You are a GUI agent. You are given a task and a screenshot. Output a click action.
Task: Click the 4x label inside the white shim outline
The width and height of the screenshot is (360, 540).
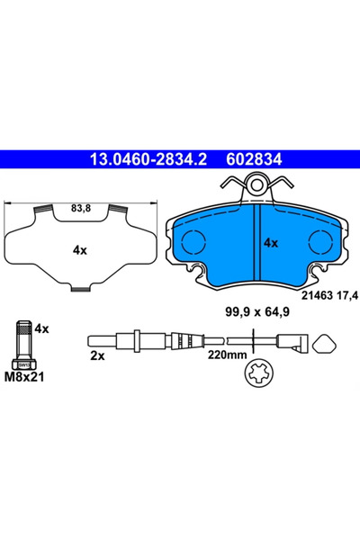tap(80, 250)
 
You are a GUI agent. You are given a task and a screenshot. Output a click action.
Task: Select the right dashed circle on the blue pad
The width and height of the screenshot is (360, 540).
tap(320, 242)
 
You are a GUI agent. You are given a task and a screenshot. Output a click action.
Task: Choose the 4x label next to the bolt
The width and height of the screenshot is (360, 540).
tap(40, 330)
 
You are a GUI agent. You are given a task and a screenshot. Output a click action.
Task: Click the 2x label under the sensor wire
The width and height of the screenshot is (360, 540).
tap(97, 356)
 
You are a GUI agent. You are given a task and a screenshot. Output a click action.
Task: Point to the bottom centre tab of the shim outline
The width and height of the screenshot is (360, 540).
tap(80, 288)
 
